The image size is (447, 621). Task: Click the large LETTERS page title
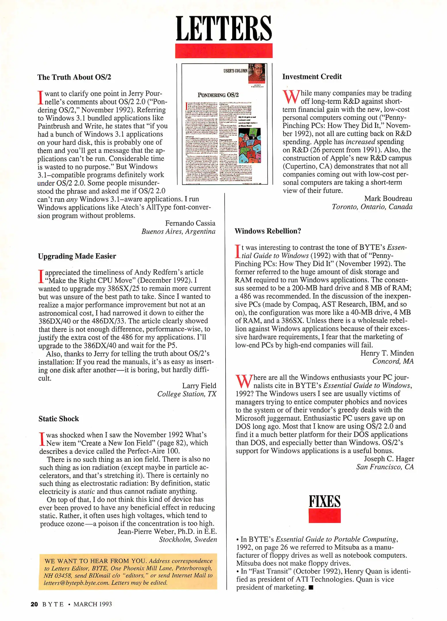(223, 28)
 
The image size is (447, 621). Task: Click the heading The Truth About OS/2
(74, 77)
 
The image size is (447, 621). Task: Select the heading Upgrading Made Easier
(77, 256)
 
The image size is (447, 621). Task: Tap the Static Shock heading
(59, 419)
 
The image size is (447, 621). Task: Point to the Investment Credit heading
(312, 76)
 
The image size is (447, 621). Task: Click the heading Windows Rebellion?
(267, 231)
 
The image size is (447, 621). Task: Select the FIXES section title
(324, 501)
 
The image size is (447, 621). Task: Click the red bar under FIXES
(324, 516)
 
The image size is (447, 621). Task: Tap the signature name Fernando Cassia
(190, 223)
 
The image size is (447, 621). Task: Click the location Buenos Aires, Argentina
(178, 232)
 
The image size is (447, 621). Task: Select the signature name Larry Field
(199, 386)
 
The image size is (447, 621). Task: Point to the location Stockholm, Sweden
(188, 540)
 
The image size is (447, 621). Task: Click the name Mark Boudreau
(388, 199)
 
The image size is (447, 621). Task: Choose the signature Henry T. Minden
(387, 353)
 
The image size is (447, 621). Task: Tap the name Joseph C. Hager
(389, 459)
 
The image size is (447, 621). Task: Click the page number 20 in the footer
(34, 604)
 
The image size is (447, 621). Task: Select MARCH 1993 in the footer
(93, 604)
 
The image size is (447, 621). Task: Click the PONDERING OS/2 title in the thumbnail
(218, 95)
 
